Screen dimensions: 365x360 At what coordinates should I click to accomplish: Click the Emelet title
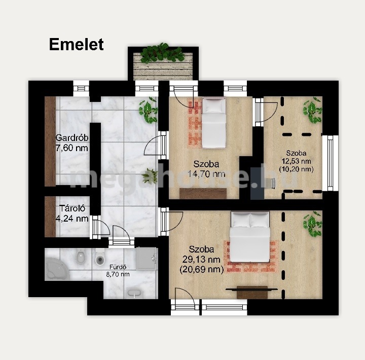tap(77, 45)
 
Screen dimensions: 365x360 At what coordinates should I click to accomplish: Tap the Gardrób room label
tap(72, 138)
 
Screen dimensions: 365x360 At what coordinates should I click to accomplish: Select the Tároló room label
tap(72, 208)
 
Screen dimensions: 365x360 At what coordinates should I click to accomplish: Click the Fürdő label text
tap(118, 267)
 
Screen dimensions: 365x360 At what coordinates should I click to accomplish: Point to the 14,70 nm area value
tap(206, 174)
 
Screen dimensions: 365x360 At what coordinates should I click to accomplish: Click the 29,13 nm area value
tap(201, 259)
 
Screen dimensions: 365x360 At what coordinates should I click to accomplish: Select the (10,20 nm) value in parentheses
tap(296, 169)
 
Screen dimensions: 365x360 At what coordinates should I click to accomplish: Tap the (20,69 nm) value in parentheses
tap(202, 269)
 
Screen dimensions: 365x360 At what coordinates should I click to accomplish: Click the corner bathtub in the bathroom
tap(57, 269)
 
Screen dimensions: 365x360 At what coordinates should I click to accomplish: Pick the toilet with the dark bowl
tap(100, 258)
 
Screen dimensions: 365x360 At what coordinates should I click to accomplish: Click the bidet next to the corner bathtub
tap(81, 257)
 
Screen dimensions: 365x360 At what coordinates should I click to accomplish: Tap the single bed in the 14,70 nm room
tap(214, 123)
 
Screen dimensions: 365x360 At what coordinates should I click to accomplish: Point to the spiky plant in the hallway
tap(150, 176)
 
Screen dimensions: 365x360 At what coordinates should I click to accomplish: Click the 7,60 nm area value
tap(72, 148)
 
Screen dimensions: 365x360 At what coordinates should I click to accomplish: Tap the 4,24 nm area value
tap(72, 219)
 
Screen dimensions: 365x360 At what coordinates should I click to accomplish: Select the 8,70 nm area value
tap(118, 274)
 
